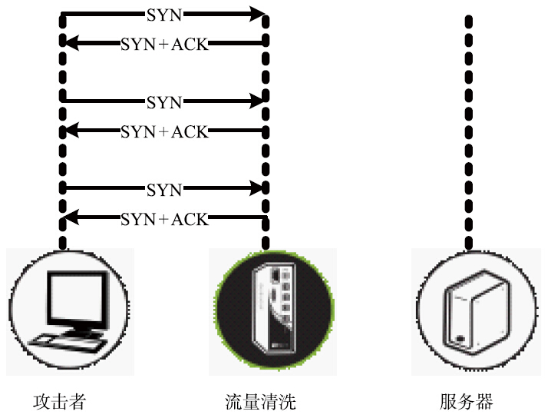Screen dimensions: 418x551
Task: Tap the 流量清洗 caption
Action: tap(261, 401)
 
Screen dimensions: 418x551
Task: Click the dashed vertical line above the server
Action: tap(467, 131)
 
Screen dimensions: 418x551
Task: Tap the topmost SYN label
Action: tap(164, 14)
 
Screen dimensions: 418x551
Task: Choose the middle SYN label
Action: tap(164, 102)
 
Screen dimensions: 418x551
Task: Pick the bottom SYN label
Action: tap(164, 189)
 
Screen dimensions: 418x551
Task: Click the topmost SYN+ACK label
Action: tap(164, 44)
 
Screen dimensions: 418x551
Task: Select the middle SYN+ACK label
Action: tap(164, 131)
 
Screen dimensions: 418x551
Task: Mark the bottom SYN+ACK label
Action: tap(164, 219)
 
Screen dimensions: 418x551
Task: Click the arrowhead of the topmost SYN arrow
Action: tap(258, 14)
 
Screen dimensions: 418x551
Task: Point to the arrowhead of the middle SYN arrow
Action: tap(258, 101)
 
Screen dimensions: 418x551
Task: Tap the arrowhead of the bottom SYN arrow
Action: tap(258, 188)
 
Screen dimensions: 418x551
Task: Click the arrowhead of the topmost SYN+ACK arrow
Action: tap(71, 43)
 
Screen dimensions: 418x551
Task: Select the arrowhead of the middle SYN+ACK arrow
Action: tap(71, 131)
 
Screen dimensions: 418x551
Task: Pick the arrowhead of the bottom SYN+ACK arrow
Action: tap(71, 218)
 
